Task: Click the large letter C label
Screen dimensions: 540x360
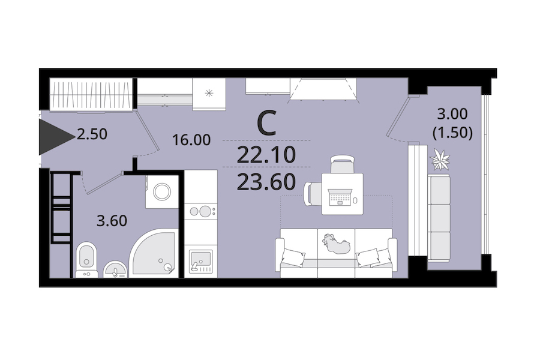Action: pos(267,123)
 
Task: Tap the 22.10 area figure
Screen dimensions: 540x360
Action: pos(266,155)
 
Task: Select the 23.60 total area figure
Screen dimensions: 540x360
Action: pos(266,182)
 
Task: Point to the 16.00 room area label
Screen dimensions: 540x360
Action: pos(191,140)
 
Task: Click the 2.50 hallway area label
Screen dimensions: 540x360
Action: pos(92,134)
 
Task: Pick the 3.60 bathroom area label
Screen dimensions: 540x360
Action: pos(112,220)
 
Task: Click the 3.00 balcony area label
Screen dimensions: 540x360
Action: pos(452,113)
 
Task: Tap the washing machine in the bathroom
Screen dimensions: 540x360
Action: pos(162,191)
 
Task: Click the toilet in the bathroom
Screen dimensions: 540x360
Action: pos(86,259)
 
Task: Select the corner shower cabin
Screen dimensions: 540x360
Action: pos(154,253)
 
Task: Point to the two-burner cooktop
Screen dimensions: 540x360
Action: pos(201,211)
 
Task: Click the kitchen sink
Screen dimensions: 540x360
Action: pos(201,261)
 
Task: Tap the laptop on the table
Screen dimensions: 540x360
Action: pos(340,197)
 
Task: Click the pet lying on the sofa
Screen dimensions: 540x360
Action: pos(336,243)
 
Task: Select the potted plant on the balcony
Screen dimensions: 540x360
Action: pos(440,160)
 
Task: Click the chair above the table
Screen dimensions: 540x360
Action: pos(343,164)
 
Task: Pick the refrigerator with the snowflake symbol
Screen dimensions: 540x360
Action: pos(209,94)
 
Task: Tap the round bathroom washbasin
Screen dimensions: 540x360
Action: pos(115,270)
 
